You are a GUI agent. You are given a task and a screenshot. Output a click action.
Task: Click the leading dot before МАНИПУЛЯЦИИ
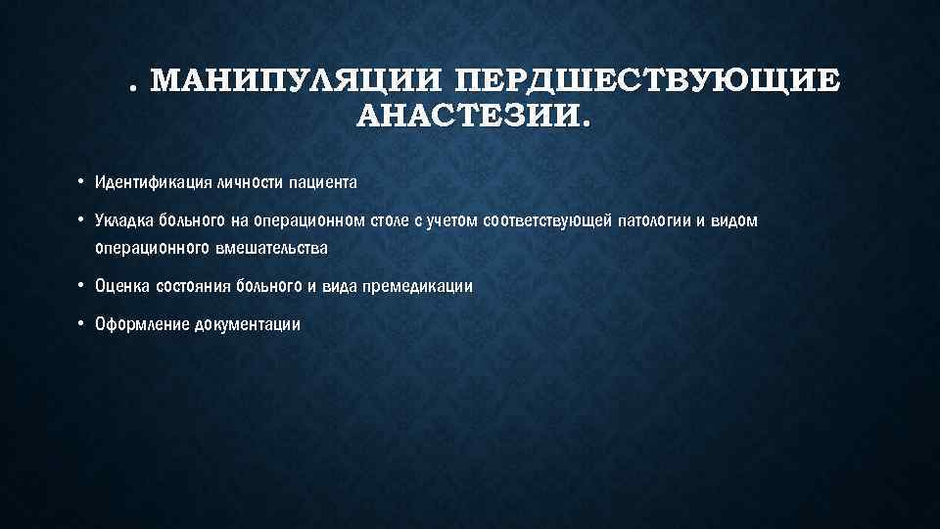pyautogui.click(x=132, y=88)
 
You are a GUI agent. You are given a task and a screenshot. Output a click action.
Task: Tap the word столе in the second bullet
pyautogui.click(x=389, y=220)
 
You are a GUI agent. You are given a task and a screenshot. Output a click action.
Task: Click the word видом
pyautogui.click(x=735, y=220)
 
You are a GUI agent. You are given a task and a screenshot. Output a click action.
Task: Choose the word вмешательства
pyautogui.click(x=276, y=249)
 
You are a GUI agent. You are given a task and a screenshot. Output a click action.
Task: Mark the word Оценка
pyautogui.click(x=119, y=287)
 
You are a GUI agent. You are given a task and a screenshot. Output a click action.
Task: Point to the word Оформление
pyautogui.click(x=136, y=325)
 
